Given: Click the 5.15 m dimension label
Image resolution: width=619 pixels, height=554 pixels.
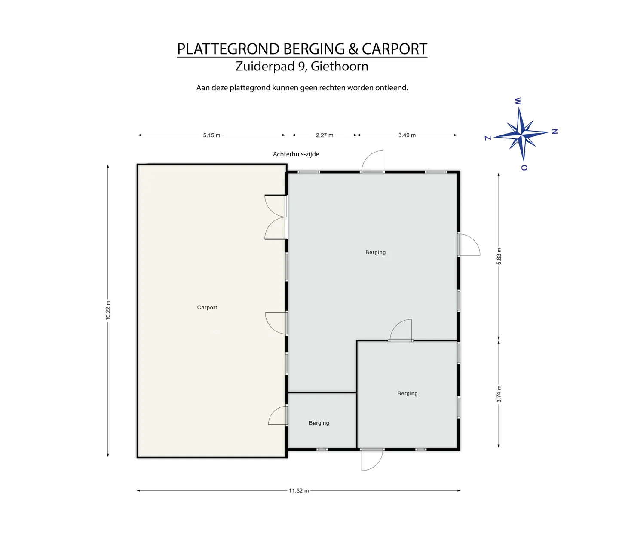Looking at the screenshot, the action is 211,135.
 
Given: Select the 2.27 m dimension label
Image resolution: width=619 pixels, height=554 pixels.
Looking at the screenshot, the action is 325,135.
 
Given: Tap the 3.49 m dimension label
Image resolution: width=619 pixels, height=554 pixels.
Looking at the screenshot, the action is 407,135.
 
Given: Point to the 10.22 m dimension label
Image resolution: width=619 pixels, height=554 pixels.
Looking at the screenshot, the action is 108,310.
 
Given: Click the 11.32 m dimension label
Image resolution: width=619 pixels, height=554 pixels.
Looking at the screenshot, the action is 299,490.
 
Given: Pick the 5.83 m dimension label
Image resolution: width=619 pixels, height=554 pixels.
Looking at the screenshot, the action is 499,256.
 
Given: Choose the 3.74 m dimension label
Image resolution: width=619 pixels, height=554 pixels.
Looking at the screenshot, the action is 499,394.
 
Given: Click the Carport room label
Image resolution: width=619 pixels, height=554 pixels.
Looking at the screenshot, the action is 207,307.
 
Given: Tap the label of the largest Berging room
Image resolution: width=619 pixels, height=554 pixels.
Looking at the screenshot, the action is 376,252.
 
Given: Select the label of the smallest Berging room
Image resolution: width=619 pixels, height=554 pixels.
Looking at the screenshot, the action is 319,423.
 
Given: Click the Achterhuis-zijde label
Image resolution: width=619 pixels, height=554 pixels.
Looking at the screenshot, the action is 296,154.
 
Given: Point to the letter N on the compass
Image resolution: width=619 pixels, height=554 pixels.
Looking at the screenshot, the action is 555,132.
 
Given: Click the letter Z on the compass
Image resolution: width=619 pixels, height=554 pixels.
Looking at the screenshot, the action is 488,138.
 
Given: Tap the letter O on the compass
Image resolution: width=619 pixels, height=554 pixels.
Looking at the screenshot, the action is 524,168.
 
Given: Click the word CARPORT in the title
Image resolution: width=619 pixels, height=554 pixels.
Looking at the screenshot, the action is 395,49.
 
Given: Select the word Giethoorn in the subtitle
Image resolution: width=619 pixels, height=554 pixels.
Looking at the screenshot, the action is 340,66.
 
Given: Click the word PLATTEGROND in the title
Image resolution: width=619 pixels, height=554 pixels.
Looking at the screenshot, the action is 228,49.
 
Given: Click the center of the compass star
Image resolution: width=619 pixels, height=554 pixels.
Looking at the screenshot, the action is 521,134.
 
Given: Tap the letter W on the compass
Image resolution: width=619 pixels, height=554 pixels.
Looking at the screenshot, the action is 518,101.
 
